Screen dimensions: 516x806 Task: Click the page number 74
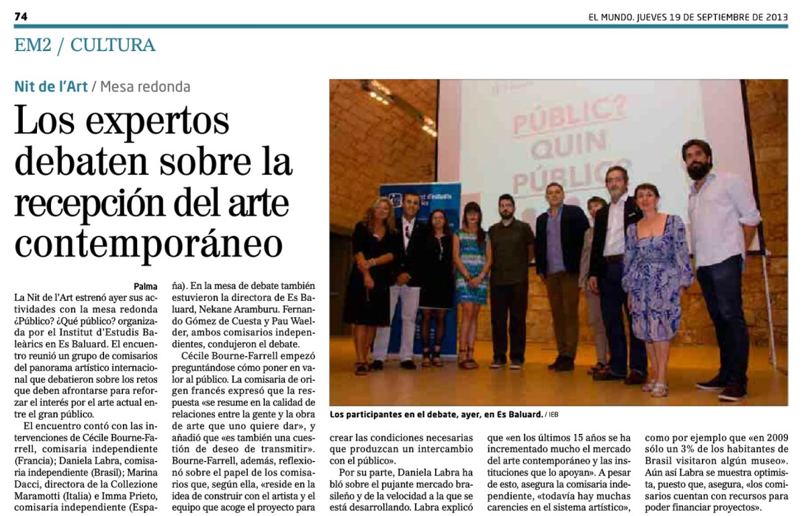[x=20, y=16]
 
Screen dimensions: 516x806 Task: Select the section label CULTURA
[x=113, y=46]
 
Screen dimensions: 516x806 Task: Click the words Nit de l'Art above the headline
[x=50, y=87]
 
